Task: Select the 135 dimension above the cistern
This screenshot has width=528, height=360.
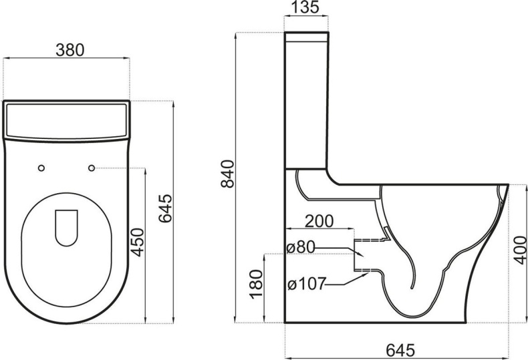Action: (307, 8)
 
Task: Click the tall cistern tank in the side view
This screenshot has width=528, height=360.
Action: (307, 100)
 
